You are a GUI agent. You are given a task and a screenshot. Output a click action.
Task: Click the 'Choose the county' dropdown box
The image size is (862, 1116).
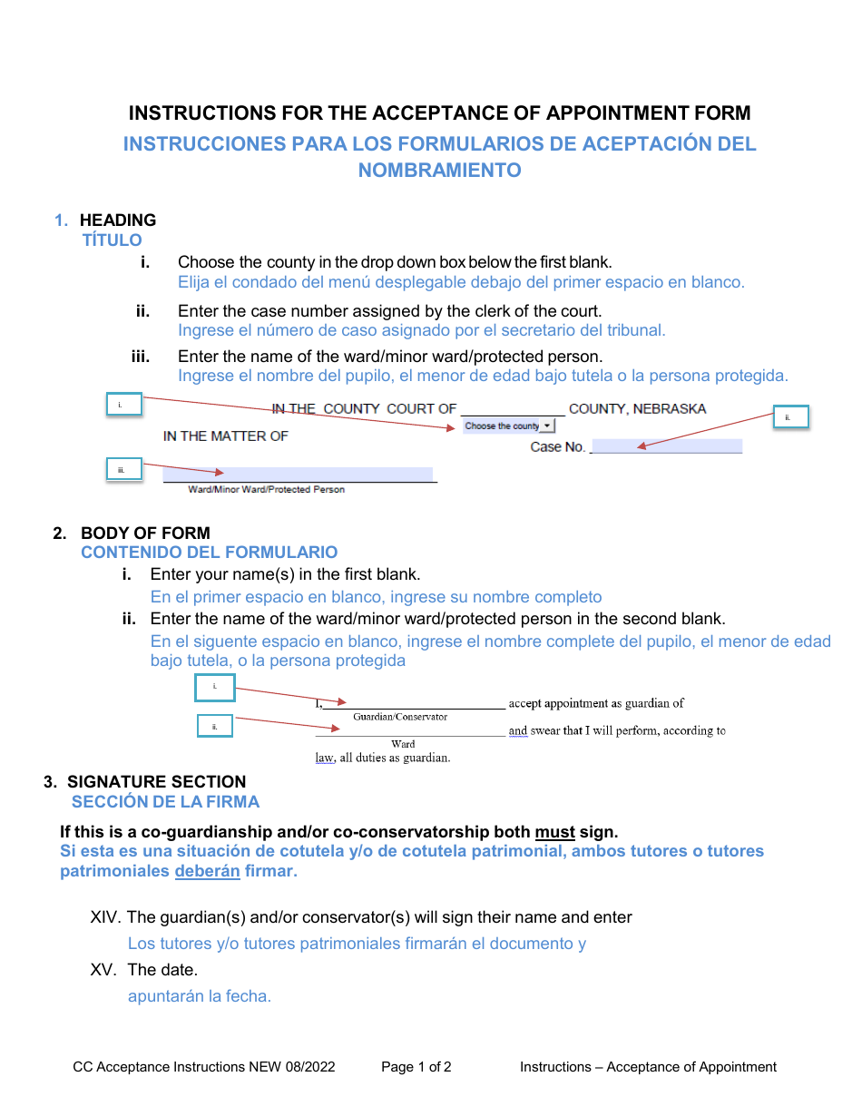pyautogui.click(x=508, y=426)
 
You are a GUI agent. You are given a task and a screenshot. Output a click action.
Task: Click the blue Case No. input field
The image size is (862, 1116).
pyautogui.click(x=666, y=446)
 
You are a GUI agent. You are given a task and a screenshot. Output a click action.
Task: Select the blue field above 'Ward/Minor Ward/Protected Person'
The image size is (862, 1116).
pyautogui.click(x=298, y=474)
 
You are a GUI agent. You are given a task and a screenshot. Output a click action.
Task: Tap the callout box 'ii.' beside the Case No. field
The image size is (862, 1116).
pyautogui.click(x=789, y=417)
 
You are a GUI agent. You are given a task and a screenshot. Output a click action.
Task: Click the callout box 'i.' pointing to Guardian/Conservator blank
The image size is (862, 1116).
pyautogui.click(x=215, y=688)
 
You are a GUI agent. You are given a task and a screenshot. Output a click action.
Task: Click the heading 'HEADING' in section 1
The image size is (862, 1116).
pyautogui.click(x=118, y=220)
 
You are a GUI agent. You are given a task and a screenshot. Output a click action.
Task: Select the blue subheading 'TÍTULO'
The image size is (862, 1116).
pyautogui.click(x=113, y=240)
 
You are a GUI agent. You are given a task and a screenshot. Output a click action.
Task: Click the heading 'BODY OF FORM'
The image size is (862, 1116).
pyautogui.click(x=145, y=533)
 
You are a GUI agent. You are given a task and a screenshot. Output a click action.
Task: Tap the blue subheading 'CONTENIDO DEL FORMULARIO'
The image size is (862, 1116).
pyautogui.click(x=209, y=553)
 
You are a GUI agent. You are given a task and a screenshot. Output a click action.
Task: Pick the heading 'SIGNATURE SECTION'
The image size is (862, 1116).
pyautogui.click(x=156, y=781)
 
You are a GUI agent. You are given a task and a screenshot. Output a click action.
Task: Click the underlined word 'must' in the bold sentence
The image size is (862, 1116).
pyautogui.click(x=554, y=832)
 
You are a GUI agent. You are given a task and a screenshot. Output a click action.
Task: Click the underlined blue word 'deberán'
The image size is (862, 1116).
pyautogui.click(x=207, y=871)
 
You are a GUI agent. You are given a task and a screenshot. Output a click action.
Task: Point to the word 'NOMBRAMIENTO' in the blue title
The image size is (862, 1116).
pyautogui.click(x=439, y=171)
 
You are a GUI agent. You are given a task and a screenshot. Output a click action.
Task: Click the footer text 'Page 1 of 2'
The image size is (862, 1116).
pyautogui.click(x=416, y=1067)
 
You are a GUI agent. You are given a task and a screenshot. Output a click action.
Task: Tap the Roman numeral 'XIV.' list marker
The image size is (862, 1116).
pyautogui.click(x=106, y=917)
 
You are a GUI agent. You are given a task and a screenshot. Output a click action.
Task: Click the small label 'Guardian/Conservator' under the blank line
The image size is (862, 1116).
pyautogui.click(x=400, y=717)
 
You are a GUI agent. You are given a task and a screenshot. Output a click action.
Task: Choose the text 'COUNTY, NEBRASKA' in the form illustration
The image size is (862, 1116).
pyautogui.click(x=637, y=409)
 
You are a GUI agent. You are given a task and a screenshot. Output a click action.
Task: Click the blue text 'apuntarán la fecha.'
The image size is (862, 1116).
pyautogui.click(x=200, y=996)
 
